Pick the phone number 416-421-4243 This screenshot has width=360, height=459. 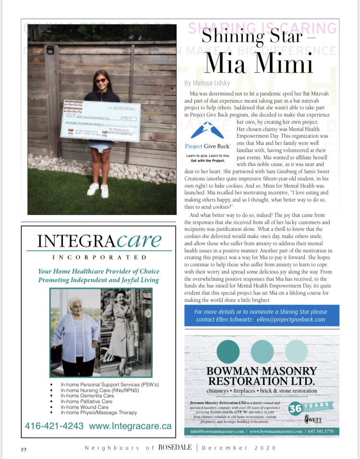54,425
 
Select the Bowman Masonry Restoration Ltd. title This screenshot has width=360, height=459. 262,376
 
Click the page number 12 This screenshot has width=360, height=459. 24,448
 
